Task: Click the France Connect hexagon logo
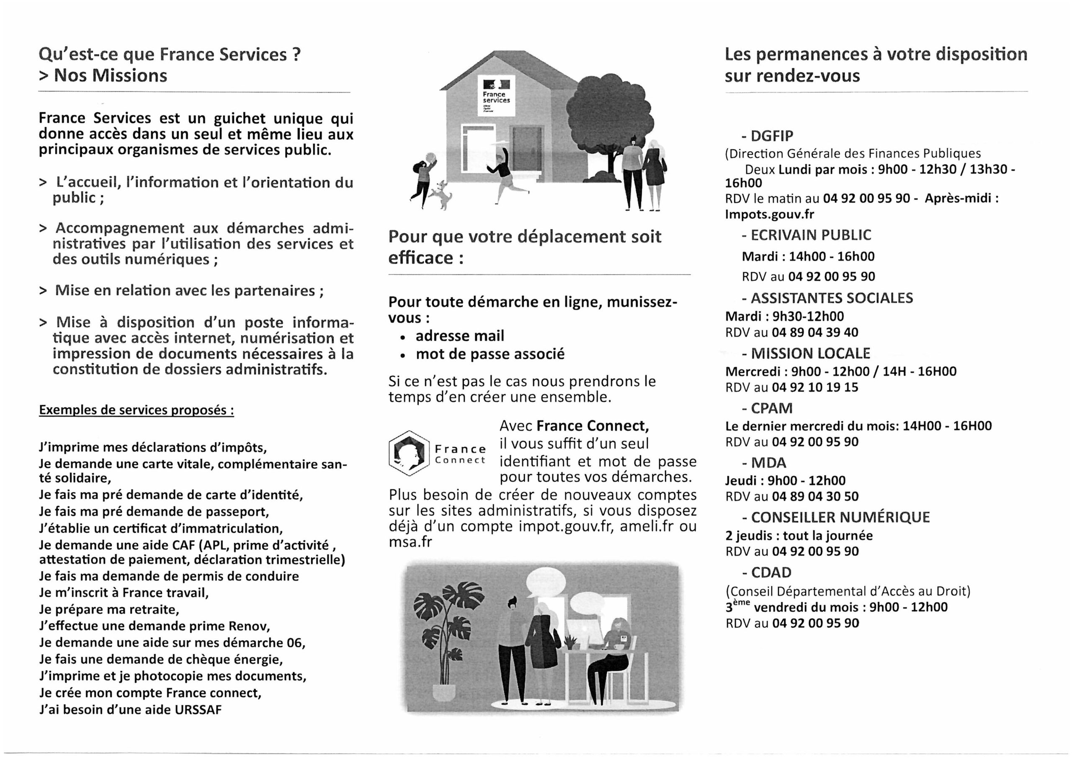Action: pyautogui.click(x=409, y=453)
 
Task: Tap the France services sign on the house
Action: pyautogui.click(x=496, y=96)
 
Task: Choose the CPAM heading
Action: pyautogui.click(x=771, y=409)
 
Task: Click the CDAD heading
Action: pyautogui.click(x=771, y=572)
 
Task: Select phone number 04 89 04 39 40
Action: pyautogui.click(x=815, y=333)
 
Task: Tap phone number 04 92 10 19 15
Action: pyautogui.click(x=815, y=387)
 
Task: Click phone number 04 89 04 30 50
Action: pyautogui.click(x=815, y=496)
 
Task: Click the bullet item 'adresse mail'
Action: pyautogui.click(x=459, y=336)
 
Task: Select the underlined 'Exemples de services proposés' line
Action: pyautogui.click(x=137, y=410)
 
